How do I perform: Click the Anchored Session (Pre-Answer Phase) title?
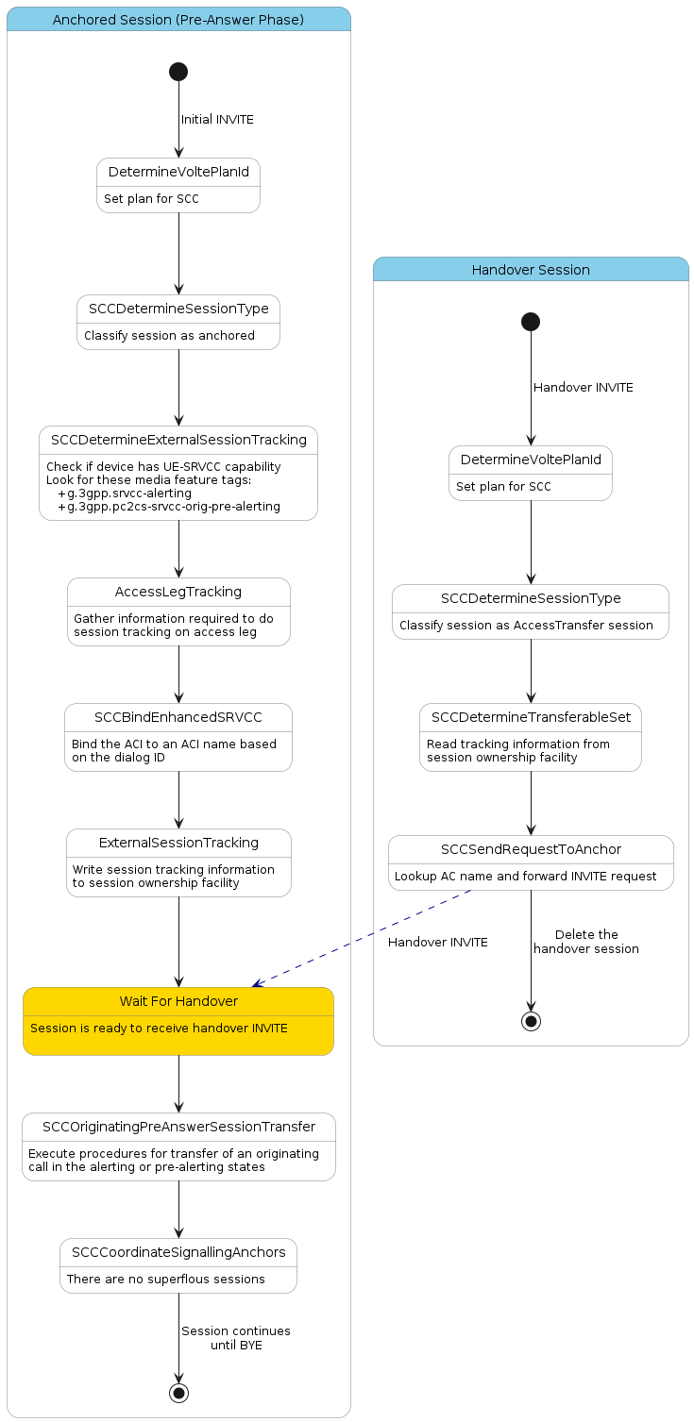pos(178,20)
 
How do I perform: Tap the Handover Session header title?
pos(531,270)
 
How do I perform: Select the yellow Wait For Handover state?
pos(178,1020)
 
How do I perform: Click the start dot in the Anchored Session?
pos(178,72)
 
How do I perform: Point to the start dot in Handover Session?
pos(531,322)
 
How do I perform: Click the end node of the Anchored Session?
pos(178,1393)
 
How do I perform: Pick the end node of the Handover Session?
pos(531,1021)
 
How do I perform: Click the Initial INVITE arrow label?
pos(217,120)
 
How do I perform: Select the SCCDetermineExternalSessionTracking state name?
pos(178,440)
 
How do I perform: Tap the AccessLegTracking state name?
pos(178,592)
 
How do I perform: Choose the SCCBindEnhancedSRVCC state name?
pos(178,717)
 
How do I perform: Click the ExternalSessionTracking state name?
pos(178,843)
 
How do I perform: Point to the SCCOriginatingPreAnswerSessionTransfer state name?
pos(178,1127)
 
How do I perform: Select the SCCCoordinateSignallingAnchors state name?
pos(178,1252)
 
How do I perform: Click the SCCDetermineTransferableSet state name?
pos(531,717)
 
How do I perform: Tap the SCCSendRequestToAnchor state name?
pos(531,849)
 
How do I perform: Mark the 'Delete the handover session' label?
pos(586,942)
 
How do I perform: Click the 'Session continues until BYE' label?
pos(236,1338)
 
